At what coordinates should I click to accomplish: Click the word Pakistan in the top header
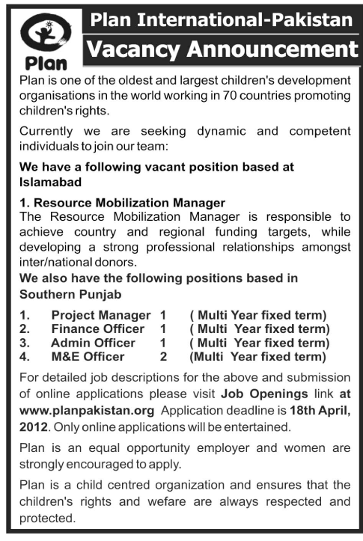306,19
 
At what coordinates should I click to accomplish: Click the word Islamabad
49,181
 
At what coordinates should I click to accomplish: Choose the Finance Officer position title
97,328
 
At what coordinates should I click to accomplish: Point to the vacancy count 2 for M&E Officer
162,356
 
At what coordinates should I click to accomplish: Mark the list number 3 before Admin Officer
22,343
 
